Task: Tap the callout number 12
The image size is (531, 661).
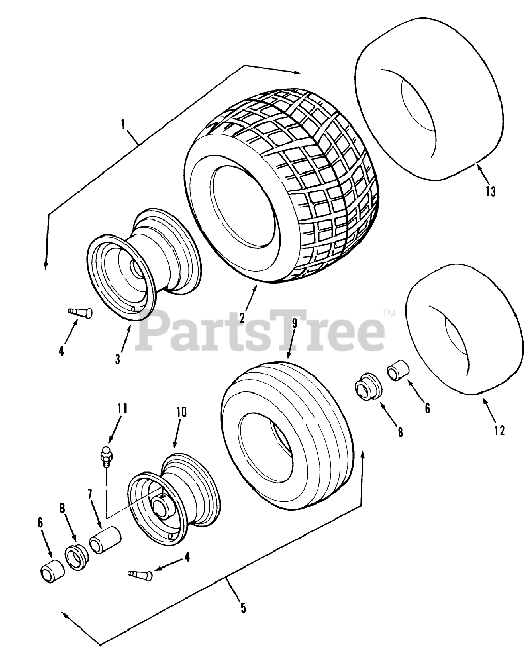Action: click(x=498, y=429)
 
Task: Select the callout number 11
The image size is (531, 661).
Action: click(x=122, y=408)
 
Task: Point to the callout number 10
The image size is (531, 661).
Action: click(x=181, y=412)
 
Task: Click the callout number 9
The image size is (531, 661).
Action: click(x=294, y=324)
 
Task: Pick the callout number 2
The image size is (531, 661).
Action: click(x=242, y=317)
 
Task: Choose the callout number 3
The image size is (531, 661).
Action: click(x=118, y=358)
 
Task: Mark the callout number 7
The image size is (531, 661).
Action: click(x=89, y=494)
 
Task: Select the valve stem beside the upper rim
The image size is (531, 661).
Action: click(x=80, y=312)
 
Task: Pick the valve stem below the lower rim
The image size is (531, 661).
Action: click(x=139, y=573)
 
